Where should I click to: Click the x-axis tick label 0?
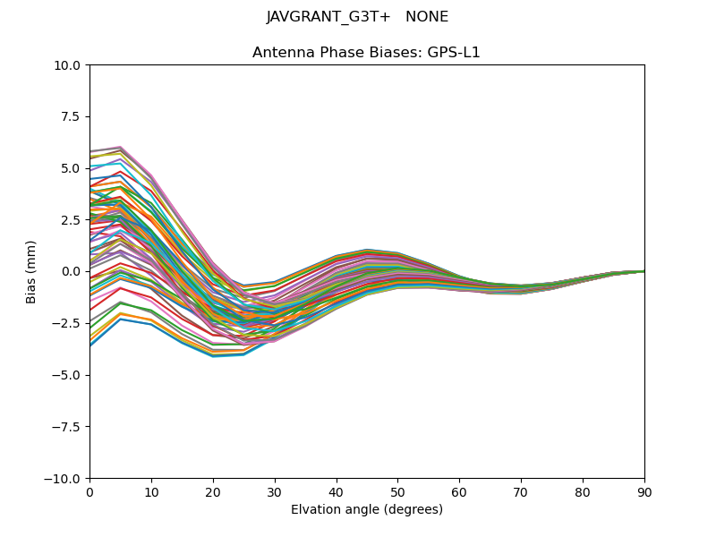point(89,492)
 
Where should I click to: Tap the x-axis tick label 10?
point(151,492)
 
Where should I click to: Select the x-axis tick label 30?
point(275,492)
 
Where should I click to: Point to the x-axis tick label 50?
point(397,492)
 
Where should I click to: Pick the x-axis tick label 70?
point(521,492)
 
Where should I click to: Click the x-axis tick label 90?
point(644,492)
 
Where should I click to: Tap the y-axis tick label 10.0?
point(70,65)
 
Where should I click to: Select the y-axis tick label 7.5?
point(72,116)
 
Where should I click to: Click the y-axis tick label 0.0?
point(72,271)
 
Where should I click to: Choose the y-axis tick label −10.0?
point(65,478)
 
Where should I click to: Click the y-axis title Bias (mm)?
point(31,271)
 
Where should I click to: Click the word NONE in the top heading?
point(427,17)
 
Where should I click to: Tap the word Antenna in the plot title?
point(281,53)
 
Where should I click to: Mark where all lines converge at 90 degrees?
point(644,271)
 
